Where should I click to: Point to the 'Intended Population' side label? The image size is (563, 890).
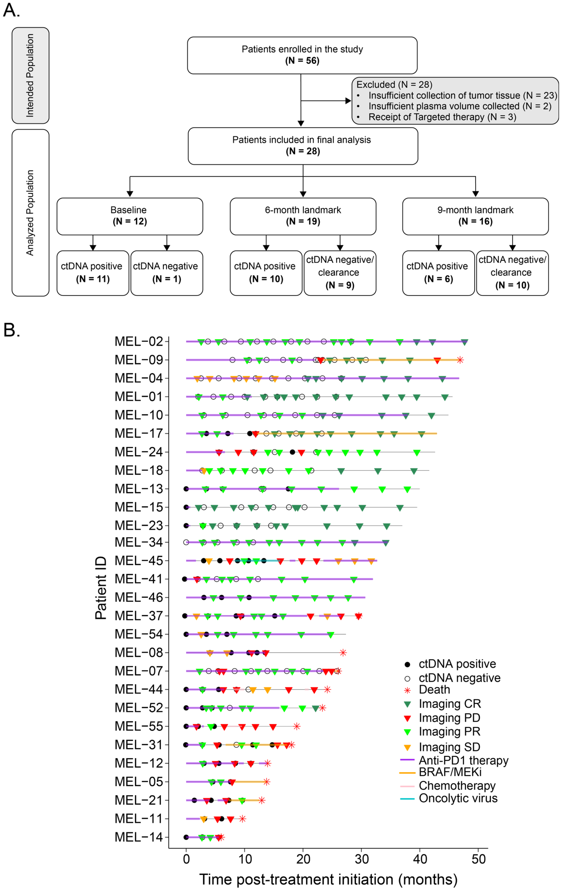click(x=30, y=75)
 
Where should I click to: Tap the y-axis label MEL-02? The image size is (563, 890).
click(x=139, y=341)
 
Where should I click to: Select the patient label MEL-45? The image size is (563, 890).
click(x=139, y=561)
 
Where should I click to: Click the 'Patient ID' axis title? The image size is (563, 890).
click(x=101, y=588)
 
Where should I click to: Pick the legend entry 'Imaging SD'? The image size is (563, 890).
click(x=449, y=747)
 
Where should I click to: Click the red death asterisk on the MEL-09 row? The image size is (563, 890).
click(x=460, y=360)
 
